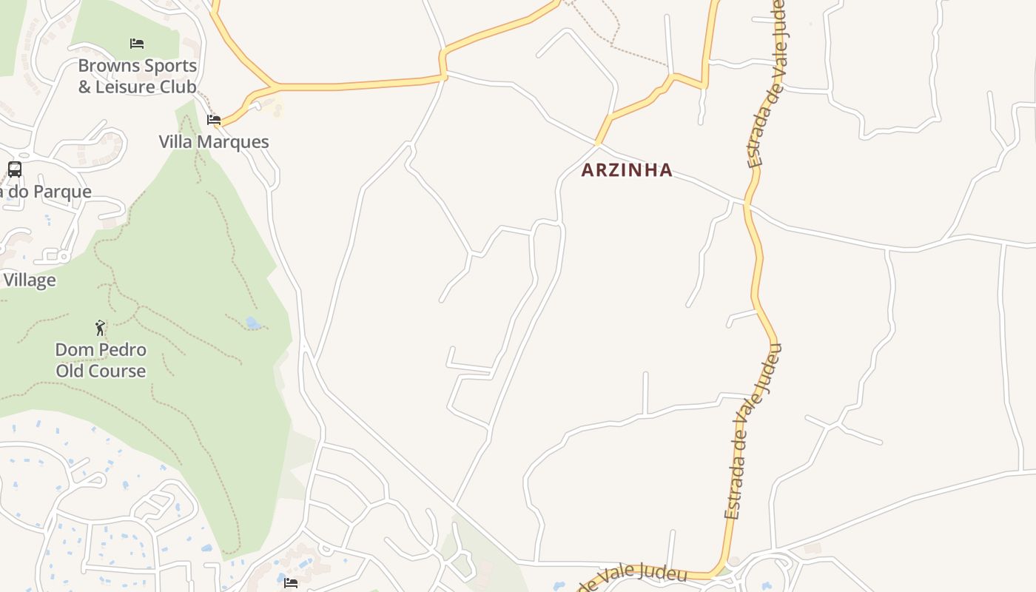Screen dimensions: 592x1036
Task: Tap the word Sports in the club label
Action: click(x=170, y=66)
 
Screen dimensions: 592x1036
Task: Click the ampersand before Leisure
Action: click(x=84, y=87)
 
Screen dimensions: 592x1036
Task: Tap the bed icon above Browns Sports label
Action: click(x=137, y=44)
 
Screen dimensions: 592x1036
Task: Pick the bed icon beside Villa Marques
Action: click(x=214, y=119)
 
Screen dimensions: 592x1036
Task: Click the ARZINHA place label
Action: click(x=627, y=170)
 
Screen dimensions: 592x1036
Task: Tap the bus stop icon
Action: click(x=15, y=169)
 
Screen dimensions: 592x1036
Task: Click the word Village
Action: click(x=30, y=280)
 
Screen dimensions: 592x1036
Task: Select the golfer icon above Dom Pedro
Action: click(x=101, y=327)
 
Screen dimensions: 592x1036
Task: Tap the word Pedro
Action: click(x=122, y=349)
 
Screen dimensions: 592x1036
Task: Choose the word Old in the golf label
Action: click(x=72, y=371)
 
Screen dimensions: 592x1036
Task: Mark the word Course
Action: click(x=118, y=371)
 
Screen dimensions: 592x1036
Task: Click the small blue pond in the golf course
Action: click(x=253, y=323)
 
